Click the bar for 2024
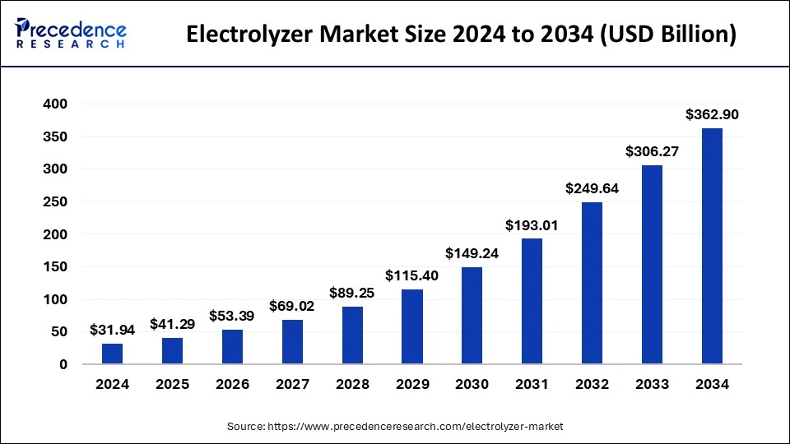click(x=113, y=354)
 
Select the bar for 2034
click(x=712, y=247)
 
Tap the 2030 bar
click(x=472, y=316)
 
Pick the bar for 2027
click(x=292, y=342)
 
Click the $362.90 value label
click(x=712, y=115)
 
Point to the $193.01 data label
click(x=532, y=225)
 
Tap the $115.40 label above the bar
click(x=412, y=276)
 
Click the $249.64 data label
click(x=592, y=188)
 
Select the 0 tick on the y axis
click(x=63, y=364)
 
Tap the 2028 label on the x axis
click(x=352, y=384)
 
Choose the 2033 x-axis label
click(x=652, y=384)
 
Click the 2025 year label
click(x=172, y=384)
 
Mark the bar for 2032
click(x=592, y=284)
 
